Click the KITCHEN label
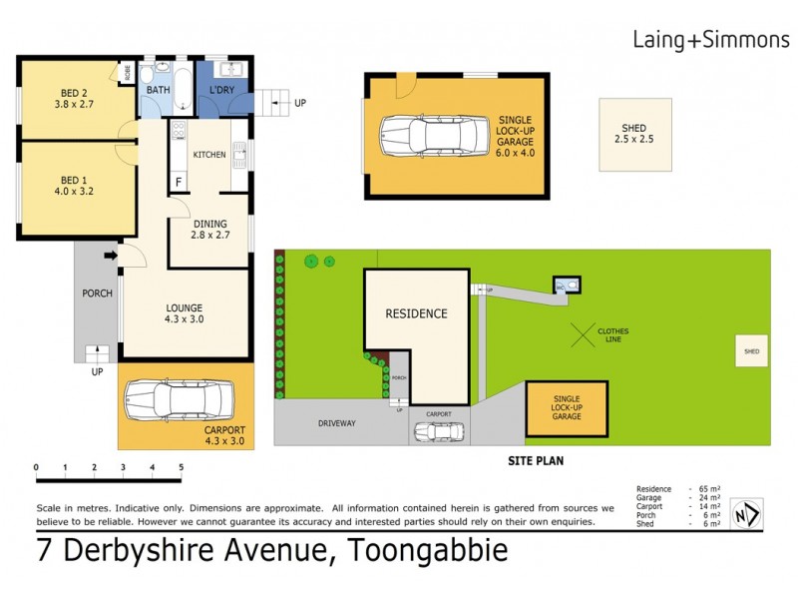click(209, 155)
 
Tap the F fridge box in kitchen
click(179, 182)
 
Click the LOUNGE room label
click(186, 307)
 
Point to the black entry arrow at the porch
click(109, 258)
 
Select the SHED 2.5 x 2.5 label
click(633, 134)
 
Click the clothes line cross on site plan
click(584, 333)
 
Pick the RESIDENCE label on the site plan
click(417, 313)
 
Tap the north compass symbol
click(745, 514)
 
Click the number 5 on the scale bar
click(181, 467)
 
